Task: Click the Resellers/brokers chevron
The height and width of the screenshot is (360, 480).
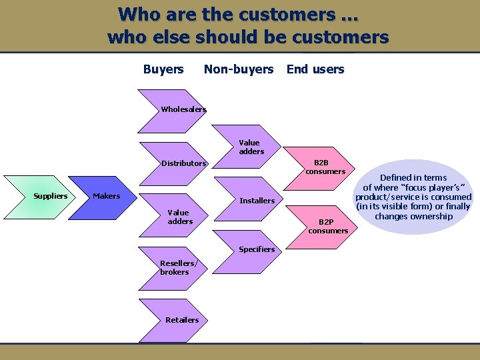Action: [175, 267]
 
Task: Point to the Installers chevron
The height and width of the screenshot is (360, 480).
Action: [257, 201]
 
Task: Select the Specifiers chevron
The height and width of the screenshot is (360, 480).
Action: [257, 250]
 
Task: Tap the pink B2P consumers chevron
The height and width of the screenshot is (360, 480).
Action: [328, 226]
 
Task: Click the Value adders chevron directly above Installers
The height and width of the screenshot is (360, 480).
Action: [251, 147]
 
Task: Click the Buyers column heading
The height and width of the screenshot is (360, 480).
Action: [163, 69]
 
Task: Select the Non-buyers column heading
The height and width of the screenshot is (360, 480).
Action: [239, 69]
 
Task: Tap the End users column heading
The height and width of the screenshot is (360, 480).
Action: [315, 69]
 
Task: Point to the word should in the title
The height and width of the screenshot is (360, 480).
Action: [222, 37]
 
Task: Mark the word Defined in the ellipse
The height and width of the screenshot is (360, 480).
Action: [396, 177]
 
